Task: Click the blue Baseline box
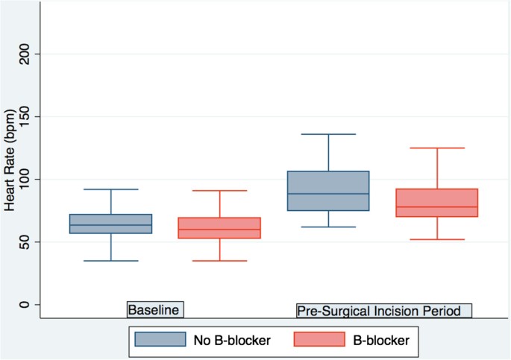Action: tap(111, 224)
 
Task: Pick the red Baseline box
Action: tap(219, 228)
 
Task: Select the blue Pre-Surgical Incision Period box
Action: tap(329, 191)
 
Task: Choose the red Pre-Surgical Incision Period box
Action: tap(437, 203)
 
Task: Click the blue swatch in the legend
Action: tap(160, 340)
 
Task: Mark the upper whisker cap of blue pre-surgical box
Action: tap(329, 134)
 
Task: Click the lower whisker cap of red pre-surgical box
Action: tap(437, 239)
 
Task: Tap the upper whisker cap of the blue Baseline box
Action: tap(111, 189)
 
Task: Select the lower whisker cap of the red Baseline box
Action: tap(219, 261)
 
